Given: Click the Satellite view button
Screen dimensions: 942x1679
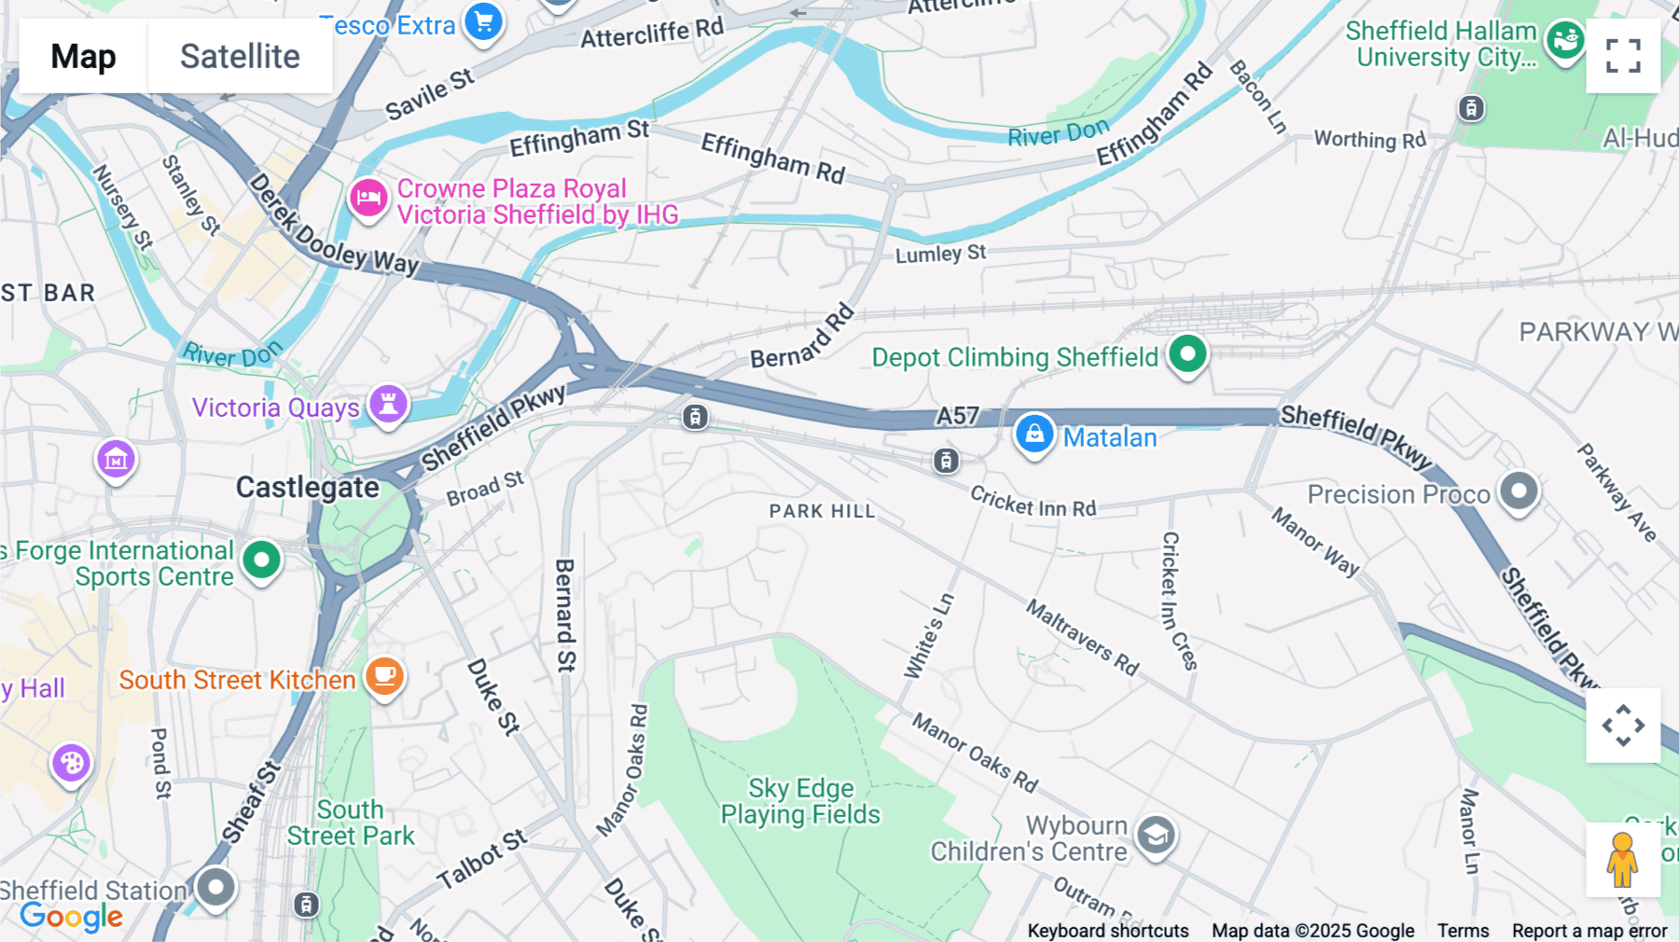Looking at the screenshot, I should point(240,57).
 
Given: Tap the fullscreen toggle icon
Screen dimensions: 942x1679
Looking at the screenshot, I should point(1623,56).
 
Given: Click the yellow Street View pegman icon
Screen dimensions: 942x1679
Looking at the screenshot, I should point(1622,859).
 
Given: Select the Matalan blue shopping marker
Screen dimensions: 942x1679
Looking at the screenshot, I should point(1034,435).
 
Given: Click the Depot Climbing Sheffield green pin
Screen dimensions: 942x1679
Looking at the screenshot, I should point(1187,354).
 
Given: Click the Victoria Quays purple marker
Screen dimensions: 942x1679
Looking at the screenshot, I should point(388,404).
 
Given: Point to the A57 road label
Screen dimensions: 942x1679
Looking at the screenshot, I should point(958,416).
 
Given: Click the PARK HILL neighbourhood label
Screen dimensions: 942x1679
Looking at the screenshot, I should point(822,511).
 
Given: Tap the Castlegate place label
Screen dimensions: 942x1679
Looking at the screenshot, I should point(307,487).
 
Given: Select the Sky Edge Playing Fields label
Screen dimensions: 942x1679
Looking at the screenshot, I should point(800,801).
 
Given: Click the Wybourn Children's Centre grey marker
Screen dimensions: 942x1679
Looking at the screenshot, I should point(1156,836).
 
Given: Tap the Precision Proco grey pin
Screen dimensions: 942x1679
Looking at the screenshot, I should point(1519,491).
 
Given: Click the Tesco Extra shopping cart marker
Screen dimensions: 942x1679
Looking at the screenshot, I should point(483,21).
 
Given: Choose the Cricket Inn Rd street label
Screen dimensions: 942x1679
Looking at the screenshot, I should point(1033,503).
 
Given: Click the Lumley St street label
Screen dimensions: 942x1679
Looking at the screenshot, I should point(940,254).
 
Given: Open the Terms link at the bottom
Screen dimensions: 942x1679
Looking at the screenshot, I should point(1463,931).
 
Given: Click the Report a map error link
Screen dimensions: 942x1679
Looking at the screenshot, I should point(1589,931).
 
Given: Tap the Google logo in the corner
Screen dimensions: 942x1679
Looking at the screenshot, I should point(72,917).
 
